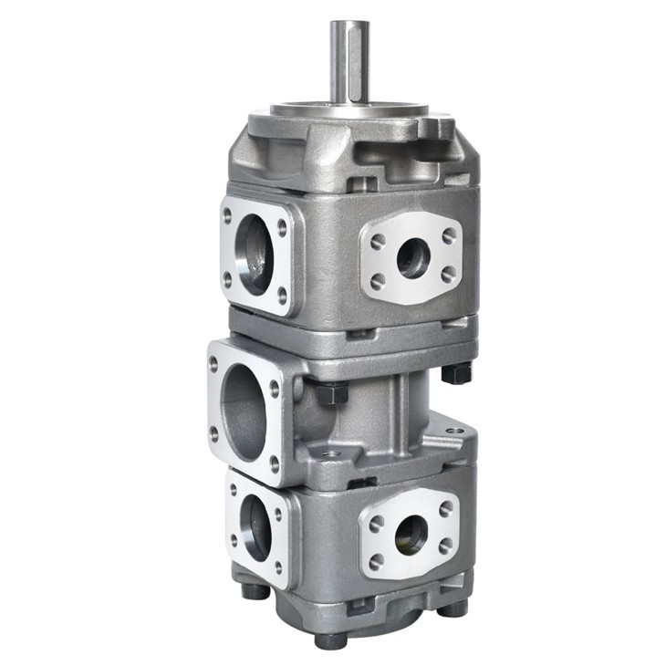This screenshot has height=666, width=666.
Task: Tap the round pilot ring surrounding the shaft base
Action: (351, 109)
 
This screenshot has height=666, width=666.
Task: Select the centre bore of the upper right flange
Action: (411, 259)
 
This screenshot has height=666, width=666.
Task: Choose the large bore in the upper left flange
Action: (254, 259)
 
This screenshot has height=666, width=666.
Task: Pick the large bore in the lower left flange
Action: (256, 530)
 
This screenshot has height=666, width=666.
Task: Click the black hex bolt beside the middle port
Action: (333, 394)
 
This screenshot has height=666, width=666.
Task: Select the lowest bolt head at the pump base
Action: (330, 640)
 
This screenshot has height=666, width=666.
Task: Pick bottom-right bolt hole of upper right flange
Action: (448, 274)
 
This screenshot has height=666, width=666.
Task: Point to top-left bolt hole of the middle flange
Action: (214, 363)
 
